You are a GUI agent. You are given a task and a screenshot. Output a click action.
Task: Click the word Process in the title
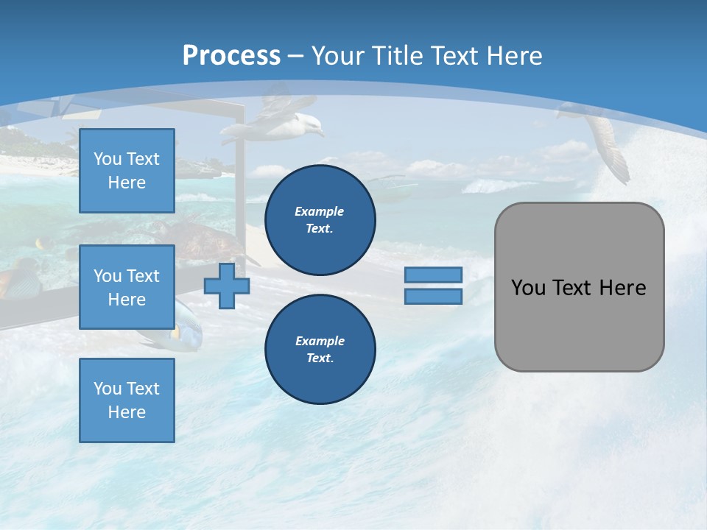[x=231, y=56]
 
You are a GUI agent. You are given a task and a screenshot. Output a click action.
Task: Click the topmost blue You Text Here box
[x=127, y=171]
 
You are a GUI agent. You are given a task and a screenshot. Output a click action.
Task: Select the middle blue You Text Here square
[x=127, y=287]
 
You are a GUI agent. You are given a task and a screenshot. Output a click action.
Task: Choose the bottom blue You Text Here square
[x=127, y=400]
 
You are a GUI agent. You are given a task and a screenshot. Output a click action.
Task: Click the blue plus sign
[x=226, y=286]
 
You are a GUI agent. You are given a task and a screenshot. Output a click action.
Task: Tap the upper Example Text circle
[x=320, y=220]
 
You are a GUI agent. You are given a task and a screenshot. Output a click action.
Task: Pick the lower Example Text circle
[x=320, y=350]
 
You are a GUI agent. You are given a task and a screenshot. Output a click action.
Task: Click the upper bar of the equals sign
[x=433, y=275]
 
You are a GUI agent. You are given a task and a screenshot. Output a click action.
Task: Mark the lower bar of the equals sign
[x=433, y=297]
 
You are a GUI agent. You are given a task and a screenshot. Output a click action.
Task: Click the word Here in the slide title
[x=513, y=56]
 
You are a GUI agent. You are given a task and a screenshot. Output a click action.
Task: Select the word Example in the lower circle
[x=320, y=341]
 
